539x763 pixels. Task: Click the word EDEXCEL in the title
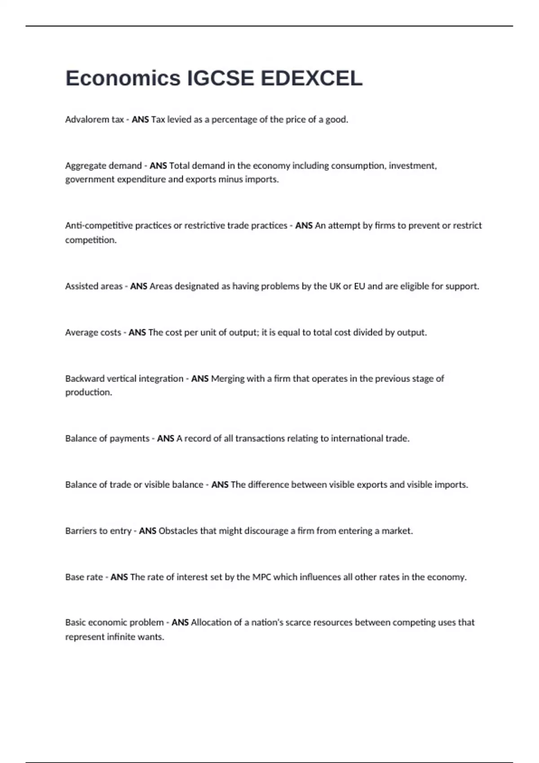311,79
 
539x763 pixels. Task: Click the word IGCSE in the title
220,79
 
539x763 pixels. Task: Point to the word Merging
227,378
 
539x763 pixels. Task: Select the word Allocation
211,623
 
